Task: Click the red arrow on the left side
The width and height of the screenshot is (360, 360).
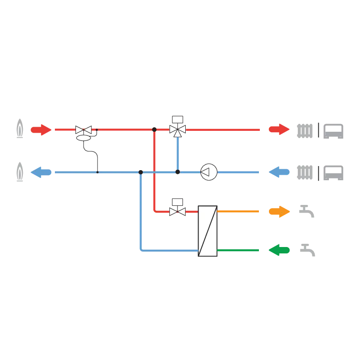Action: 41,130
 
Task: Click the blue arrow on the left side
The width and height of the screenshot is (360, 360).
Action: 41,172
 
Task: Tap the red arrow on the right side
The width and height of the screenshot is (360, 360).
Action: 279,129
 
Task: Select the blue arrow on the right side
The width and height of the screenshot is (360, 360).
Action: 279,172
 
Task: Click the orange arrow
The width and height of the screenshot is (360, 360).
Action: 279,212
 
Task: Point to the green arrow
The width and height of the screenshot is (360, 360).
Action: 279,250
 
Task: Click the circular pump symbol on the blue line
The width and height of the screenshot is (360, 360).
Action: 209,172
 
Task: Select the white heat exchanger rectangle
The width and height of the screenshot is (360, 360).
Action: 208,231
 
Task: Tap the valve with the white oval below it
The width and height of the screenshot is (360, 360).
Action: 83,130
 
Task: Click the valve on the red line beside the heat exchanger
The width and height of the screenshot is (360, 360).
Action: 177,212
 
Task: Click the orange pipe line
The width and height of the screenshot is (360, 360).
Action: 238,212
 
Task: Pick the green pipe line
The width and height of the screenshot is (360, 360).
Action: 238,250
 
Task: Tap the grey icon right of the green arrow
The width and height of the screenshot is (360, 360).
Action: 309,250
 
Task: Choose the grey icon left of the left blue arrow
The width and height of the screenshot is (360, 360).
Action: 20,172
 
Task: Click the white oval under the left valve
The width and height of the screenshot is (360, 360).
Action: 83,137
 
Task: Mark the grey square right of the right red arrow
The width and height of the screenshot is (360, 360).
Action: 305,130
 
